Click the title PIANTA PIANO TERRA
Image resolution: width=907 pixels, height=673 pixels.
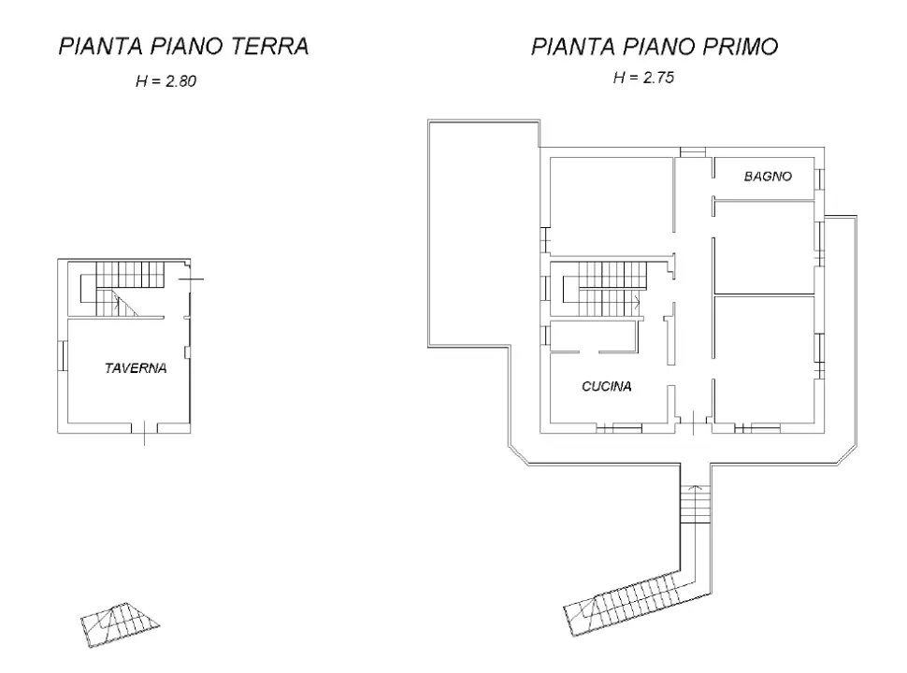[x=183, y=48]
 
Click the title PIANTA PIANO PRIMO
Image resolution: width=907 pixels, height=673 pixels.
[x=654, y=48]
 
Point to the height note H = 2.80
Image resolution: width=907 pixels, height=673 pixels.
[x=166, y=82]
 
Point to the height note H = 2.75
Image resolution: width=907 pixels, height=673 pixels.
[x=643, y=79]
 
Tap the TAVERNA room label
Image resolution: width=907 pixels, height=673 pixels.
[x=135, y=368]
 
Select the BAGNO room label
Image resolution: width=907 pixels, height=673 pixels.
[x=768, y=176]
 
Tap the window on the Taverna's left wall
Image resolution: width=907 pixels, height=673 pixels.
[x=61, y=356]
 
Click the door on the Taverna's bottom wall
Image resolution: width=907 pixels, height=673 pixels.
[x=145, y=429]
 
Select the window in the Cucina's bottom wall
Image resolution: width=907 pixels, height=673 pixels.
[x=620, y=429]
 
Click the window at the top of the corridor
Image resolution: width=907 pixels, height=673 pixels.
[x=693, y=152]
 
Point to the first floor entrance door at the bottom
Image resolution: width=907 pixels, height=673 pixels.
[x=693, y=428]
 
